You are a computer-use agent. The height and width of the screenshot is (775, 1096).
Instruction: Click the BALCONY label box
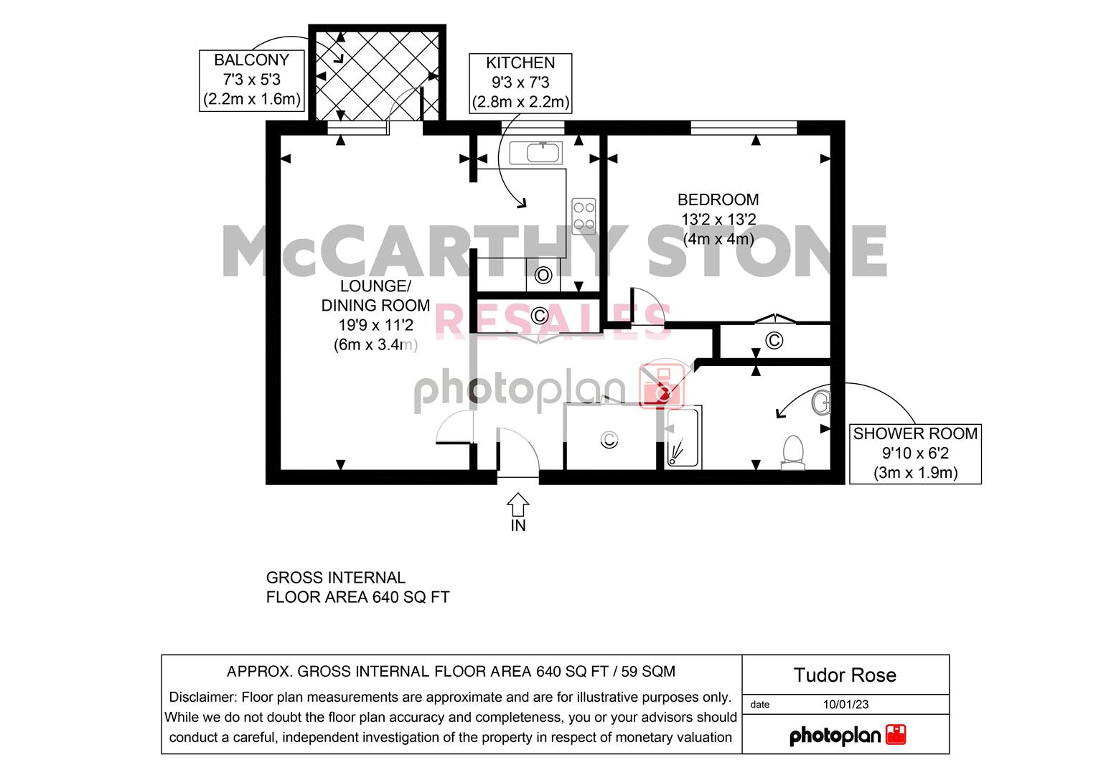pos(251,80)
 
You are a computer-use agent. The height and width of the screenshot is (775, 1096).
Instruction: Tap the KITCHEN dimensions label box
pos(520,83)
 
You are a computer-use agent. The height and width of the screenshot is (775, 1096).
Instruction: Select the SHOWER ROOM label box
pos(915,454)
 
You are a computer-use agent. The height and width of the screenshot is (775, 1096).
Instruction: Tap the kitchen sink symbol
pos(535,153)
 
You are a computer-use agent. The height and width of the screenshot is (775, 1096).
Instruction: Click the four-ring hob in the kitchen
pos(584,216)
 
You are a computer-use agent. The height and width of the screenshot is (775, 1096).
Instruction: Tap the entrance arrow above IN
pos(517,504)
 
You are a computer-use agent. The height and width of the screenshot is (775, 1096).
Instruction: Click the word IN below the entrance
pos(518,525)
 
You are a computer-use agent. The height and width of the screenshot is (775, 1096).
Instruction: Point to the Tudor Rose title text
pos(845,675)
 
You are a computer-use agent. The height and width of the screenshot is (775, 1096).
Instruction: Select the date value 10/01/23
pos(846,705)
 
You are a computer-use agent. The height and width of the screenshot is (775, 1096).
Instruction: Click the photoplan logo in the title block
pos(848,736)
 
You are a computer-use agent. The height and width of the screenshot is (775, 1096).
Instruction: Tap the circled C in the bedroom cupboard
pos(774,340)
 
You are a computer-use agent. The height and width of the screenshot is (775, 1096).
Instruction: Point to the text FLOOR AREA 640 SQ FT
pos(357,597)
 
